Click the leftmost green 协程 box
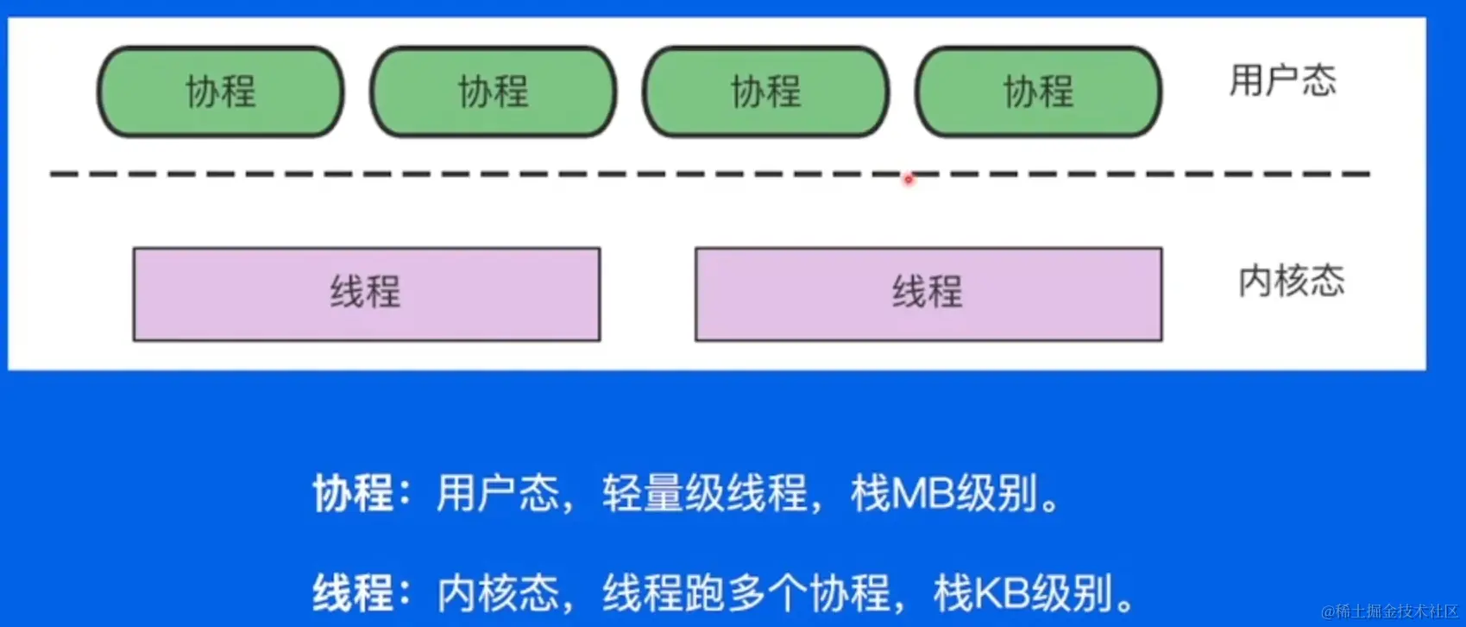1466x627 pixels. coord(220,92)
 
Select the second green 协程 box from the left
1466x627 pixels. coord(493,92)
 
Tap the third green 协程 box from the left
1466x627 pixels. coord(765,92)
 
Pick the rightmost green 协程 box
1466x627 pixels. coord(1038,92)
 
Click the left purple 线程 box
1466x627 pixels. coord(366,294)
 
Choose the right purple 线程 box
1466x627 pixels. coord(928,294)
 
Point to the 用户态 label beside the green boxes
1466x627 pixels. coord(1282,80)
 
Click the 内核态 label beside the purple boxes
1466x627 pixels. coord(1291,281)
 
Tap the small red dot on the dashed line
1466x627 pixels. coord(908,180)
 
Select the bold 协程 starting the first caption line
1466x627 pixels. coord(352,494)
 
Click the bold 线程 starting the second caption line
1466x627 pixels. coord(352,593)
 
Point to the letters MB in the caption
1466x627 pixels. coord(922,494)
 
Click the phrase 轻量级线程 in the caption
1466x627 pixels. coord(704,494)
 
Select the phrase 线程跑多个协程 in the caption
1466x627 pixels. coord(746,593)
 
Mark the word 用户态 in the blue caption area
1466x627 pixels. coord(497,494)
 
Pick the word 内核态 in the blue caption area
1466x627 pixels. coord(498,593)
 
